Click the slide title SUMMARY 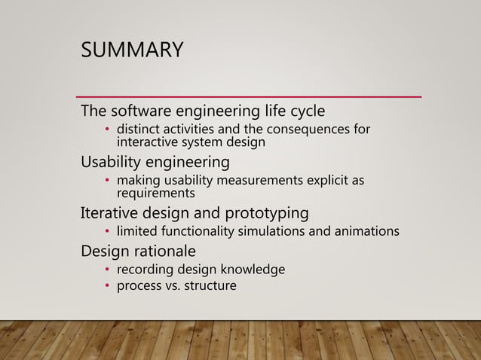pyautogui.click(x=131, y=50)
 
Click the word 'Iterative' pyautogui.click(x=110, y=212)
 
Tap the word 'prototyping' pyautogui.click(x=268, y=212)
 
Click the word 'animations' pyautogui.click(x=367, y=230)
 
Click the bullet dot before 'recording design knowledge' pyautogui.click(x=108, y=270)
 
